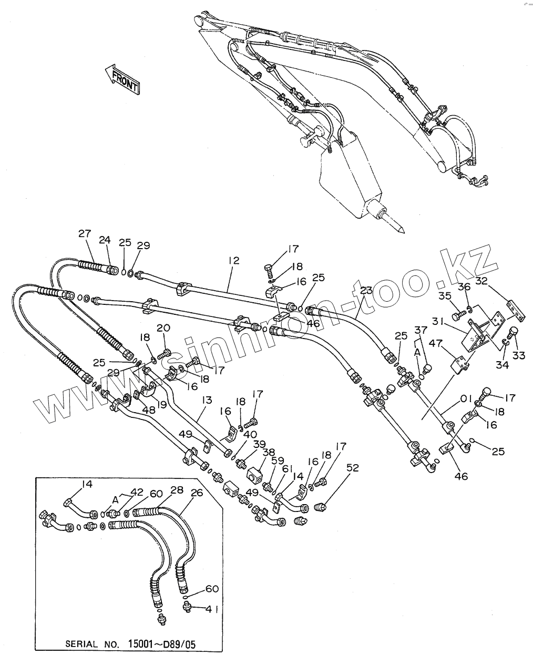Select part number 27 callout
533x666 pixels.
(x=85, y=234)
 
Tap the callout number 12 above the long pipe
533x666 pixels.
(x=233, y=260)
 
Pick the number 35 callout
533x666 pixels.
(x=445, y=295)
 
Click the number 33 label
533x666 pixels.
(x=518, y=356)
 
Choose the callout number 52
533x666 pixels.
(x=353, y=467)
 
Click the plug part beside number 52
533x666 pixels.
(x=320, y=507)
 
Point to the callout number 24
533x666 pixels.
(x=105, y=240)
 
